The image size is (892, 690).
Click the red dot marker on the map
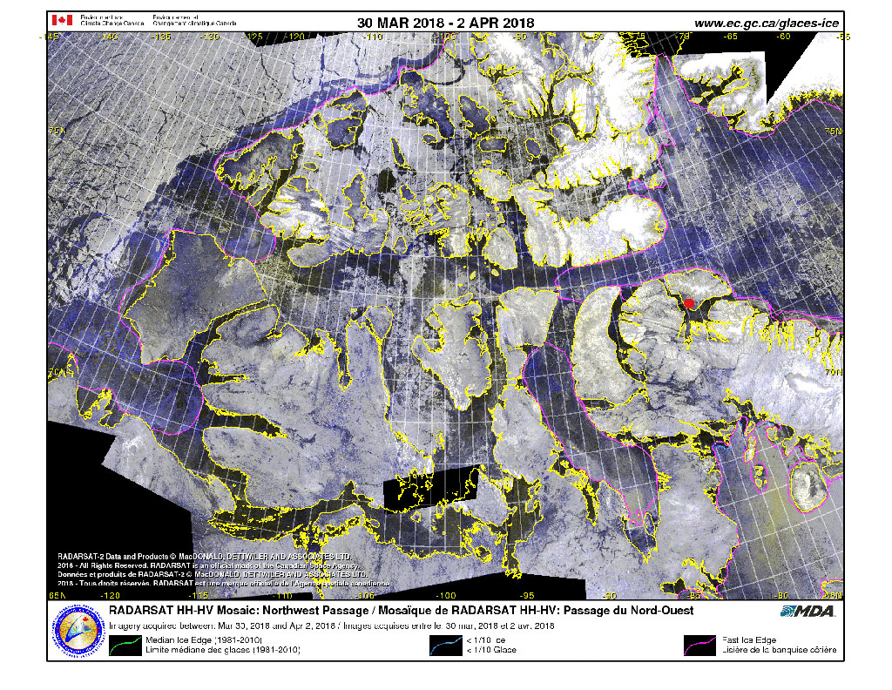point(688,303)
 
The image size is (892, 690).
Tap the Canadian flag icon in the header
point(64,20)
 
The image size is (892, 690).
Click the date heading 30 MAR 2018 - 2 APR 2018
point(445,22)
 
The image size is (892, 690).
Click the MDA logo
point(808,611)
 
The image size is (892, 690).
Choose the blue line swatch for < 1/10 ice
point(446,646)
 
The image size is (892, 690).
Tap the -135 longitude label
point(161,37)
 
